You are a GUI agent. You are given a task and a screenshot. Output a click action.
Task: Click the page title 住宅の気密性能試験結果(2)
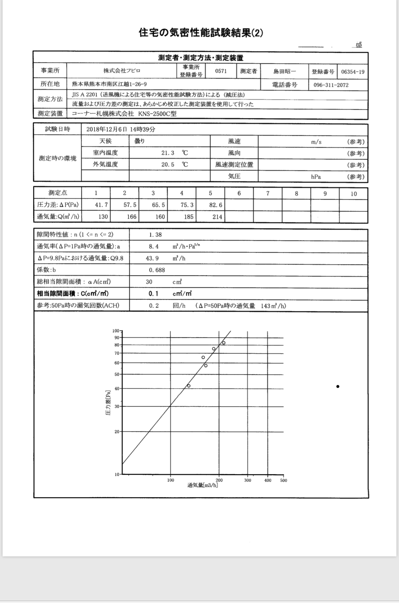(201, 33)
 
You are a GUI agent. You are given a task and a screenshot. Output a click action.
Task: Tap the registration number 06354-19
(353, 72)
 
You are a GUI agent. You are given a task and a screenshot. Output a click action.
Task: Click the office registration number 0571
(221, 71)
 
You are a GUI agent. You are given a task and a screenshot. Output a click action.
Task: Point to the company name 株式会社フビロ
(122, 71)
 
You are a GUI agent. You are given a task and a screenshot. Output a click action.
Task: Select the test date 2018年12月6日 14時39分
(121, 130)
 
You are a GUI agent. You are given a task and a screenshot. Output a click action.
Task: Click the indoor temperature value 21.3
(168, 153)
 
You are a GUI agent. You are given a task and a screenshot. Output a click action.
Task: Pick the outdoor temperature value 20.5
(168, 165)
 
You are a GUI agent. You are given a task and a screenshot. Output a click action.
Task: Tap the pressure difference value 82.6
(216, 205)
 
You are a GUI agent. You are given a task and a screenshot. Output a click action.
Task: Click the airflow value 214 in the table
(217, 217)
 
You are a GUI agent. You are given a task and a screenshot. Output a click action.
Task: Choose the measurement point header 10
(353, 194)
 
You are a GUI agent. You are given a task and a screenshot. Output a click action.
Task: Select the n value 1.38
(155, 235)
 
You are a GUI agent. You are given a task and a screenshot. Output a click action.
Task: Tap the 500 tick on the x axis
(283, 480)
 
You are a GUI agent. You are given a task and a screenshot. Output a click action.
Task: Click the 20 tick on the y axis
(117, 432)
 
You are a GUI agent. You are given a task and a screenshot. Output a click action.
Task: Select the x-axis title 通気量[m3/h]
(203, 485)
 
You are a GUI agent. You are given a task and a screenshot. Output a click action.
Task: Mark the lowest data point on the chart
(189, 386)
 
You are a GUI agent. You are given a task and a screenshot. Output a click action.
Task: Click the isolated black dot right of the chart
(338, 386)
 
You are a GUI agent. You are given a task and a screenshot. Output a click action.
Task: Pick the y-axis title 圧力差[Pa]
(108, 403)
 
